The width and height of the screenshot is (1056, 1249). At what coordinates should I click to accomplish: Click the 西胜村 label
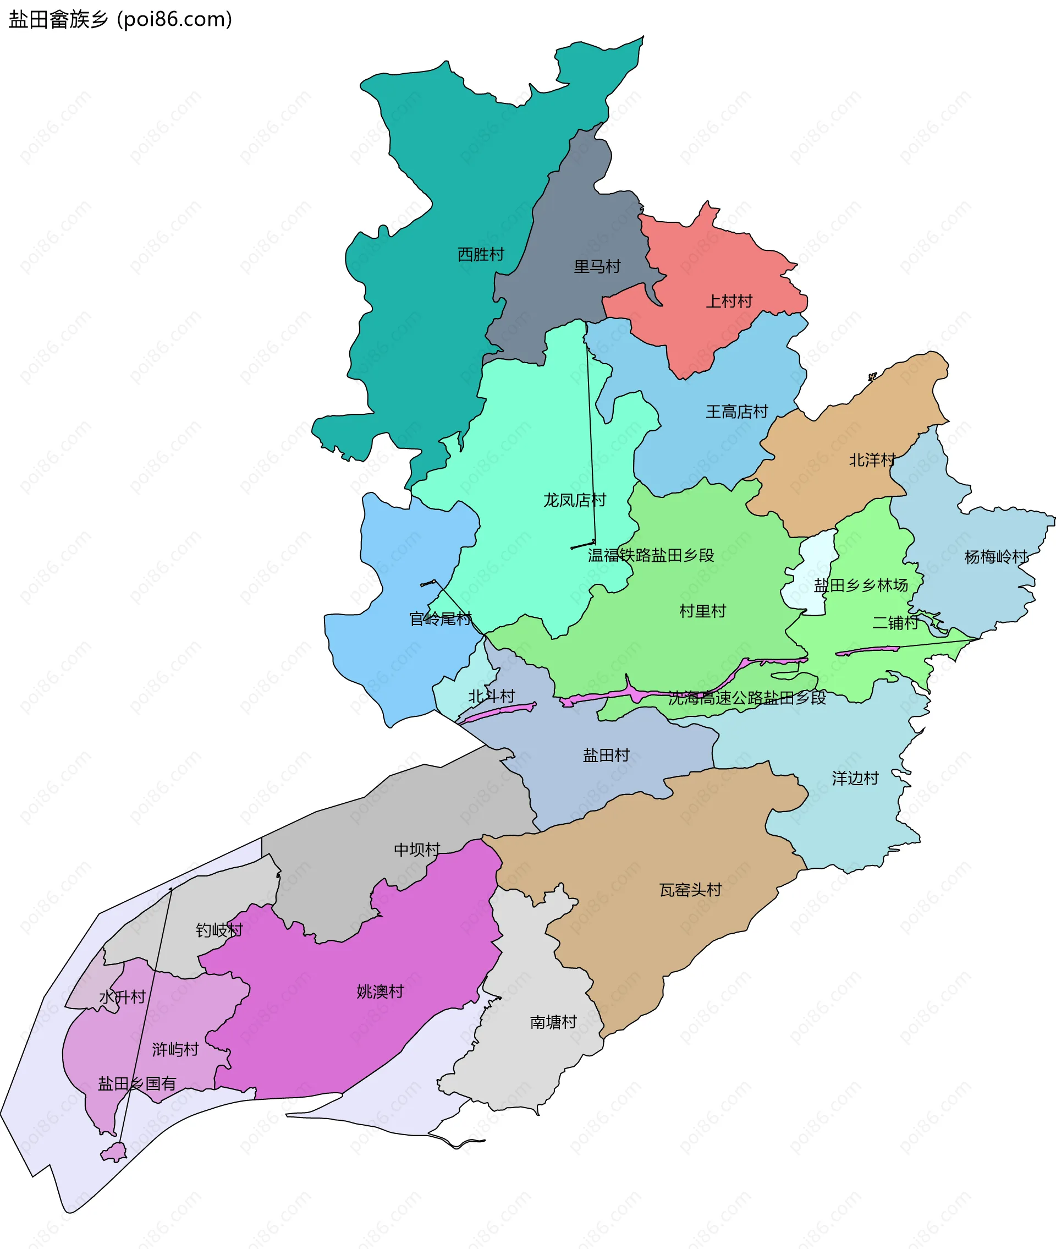click(x=481, y=254)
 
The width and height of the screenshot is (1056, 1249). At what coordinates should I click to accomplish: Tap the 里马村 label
click(x=597, y=266)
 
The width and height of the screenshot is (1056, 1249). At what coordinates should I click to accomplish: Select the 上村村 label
click(x=729, y=301)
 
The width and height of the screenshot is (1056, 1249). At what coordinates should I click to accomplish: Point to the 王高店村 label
click(x=736, y=412)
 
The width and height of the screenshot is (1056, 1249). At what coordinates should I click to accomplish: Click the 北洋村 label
click(x=872, y=460)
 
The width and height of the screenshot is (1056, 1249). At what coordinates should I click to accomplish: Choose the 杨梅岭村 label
click(x=996, y=557)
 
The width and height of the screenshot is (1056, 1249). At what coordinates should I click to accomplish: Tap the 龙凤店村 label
click(x=574, y=500)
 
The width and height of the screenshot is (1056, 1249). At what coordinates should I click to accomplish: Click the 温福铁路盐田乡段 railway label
click(x=651, y=555)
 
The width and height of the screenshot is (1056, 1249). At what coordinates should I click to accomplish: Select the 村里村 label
click(x=702, y=611)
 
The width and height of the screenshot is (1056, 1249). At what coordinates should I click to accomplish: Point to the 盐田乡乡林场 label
click(x=860, y=585)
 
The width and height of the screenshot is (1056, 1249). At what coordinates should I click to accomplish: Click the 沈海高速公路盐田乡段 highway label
click(x=746, y=698)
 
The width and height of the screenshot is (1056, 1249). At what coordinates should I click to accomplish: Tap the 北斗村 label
click(x=492, y=697)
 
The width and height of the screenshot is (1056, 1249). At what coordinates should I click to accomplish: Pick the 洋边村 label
click(x=855, y=779)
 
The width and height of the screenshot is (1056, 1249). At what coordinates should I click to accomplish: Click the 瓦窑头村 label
click(x=690, y=890)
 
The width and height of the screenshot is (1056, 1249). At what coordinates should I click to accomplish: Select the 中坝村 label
click(x=417, y=850)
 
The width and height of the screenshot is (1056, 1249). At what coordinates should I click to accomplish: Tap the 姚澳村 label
click(x=380, y=991)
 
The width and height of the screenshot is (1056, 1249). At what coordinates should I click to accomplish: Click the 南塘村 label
click(x=553, y=1022)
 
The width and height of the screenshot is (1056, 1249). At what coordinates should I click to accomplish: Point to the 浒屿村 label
click(x=175, y=1050)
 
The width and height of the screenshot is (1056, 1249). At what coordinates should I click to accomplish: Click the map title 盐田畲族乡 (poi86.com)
click(x=120, y=20)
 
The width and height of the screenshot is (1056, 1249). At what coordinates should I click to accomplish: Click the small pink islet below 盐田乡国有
click(x=113, y=1152)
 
